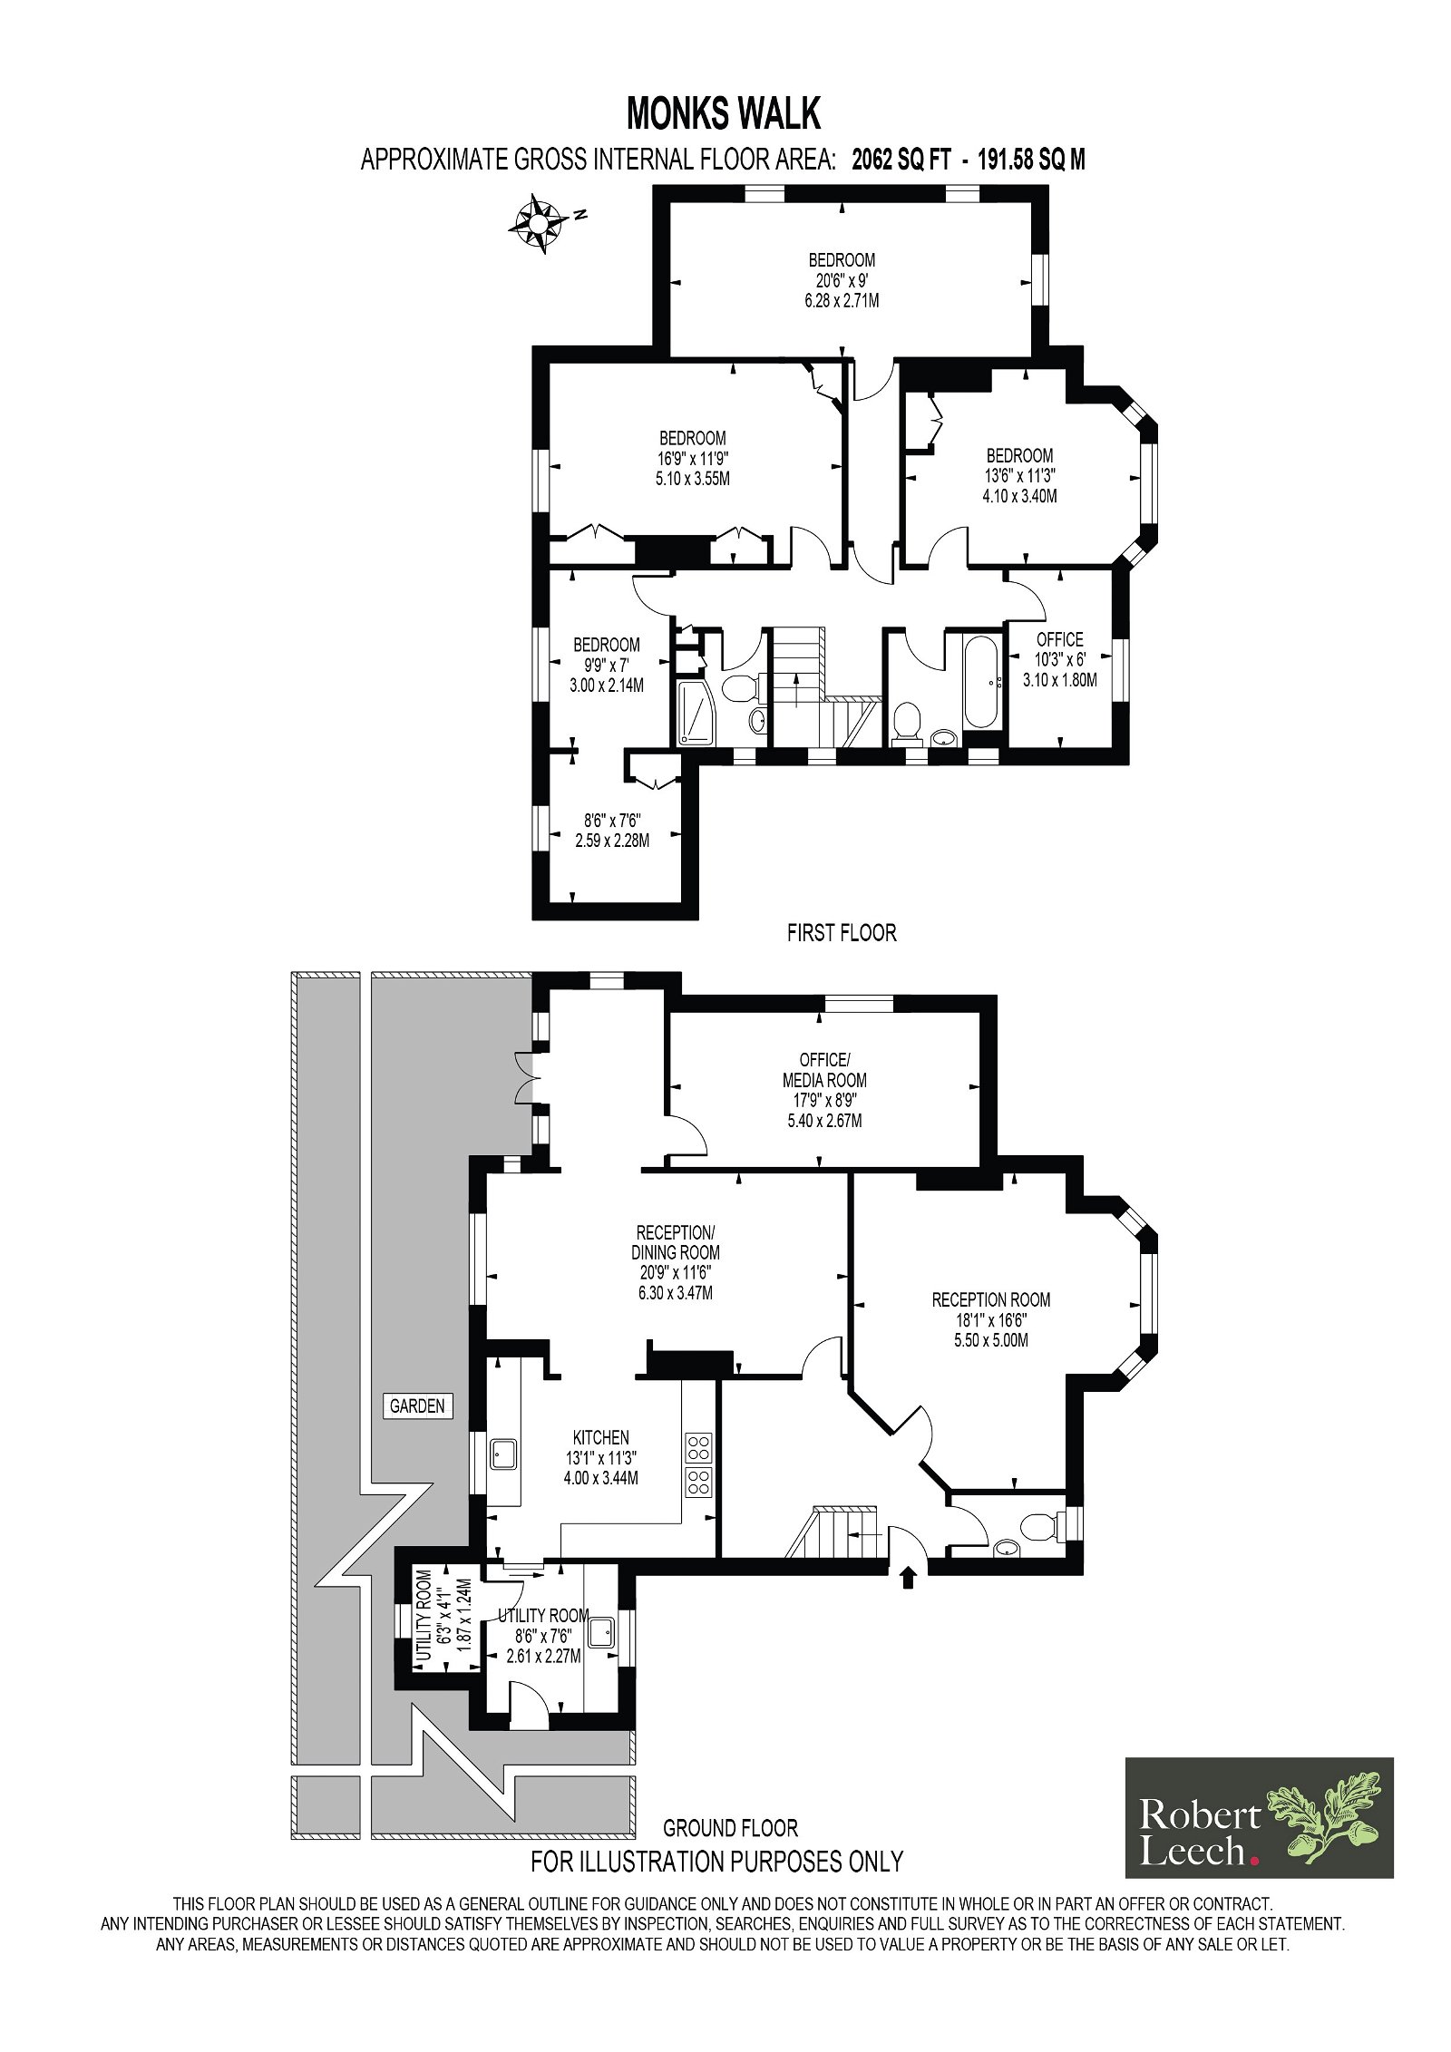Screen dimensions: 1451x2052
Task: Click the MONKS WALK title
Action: click(x=724, y=114)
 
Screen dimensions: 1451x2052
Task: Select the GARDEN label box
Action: click(x=417, y=1405)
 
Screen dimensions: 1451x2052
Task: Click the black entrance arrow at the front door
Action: click(x=907, y=1579)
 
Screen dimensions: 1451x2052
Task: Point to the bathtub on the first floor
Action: click(x=982, y=683)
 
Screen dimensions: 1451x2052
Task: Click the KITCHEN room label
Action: click(x=600, y=1437)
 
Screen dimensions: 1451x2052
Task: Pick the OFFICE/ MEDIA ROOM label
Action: click(x=824, y=1070)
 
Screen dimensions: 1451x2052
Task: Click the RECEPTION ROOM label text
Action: click(x=991, y=1299)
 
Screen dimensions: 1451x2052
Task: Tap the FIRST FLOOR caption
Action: click(x=842, y=933)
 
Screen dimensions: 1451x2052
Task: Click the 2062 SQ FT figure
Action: click(x=901, y=160)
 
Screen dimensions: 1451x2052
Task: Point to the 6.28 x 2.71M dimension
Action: click(x=842, y=300)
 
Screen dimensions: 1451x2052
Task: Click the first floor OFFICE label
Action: click(x=1060, y=639)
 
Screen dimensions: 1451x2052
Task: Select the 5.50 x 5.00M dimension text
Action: click(x=991, y=1340)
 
